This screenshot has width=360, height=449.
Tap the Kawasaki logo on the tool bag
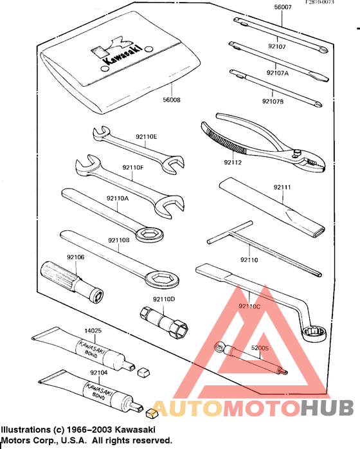coord(120,53)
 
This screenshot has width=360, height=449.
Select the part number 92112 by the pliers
coord(233,163)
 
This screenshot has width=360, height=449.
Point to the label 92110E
coord(146,136)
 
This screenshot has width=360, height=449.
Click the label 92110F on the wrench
coord(132,168)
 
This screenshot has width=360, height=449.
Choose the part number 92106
coord(75,257)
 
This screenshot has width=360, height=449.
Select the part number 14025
coord(94,332)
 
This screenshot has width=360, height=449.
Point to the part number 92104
coord(98,372)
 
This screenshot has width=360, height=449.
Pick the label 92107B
coord(273,101)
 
